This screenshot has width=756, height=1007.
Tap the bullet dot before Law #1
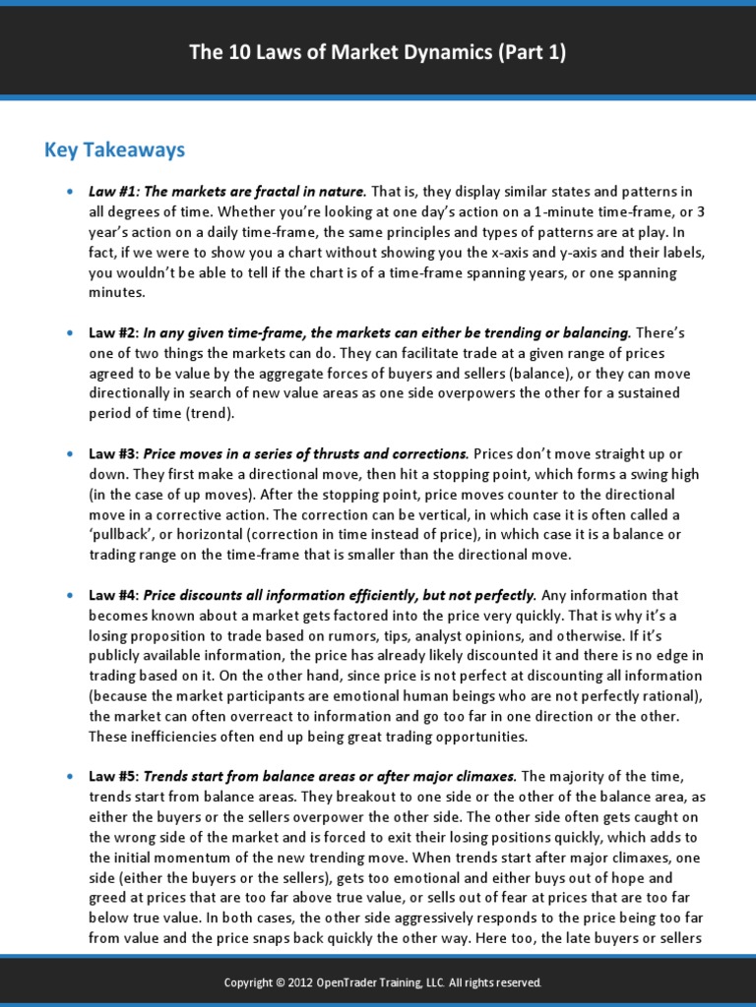tap(69, 191)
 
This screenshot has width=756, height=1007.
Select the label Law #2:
tap(113, 333)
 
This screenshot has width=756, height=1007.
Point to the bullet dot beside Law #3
tap(69, 454)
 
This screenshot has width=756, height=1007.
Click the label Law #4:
tap(113, 595)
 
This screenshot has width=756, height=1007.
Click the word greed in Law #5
tap(111, 898)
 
